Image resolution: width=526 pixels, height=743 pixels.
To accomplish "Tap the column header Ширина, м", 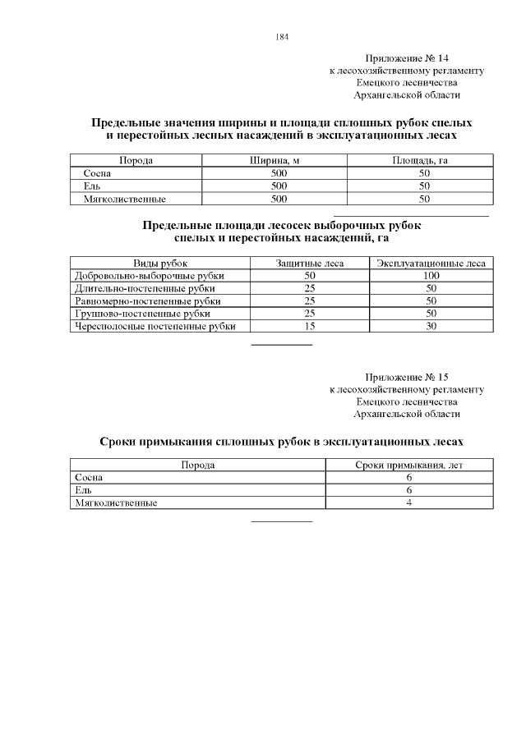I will point(279,161).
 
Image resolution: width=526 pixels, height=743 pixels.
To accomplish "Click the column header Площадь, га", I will point(424,161).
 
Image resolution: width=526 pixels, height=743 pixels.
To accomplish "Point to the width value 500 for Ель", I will point(279,186).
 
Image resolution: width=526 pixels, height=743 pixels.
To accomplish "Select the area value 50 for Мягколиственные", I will point(424,198).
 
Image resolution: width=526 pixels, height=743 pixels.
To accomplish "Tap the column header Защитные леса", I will point(310,263).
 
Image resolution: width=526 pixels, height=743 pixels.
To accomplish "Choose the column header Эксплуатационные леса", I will point(431,263).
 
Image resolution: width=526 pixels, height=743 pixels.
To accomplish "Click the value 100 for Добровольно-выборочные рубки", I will point(431,276).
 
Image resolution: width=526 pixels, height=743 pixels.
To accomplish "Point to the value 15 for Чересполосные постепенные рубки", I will point(310,326).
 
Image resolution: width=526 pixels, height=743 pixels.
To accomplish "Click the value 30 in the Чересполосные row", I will point(431,326).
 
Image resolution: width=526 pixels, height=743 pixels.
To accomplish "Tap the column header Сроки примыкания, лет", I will point(409,465).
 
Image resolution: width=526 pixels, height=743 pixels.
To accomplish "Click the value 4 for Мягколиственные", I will point(408,502).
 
